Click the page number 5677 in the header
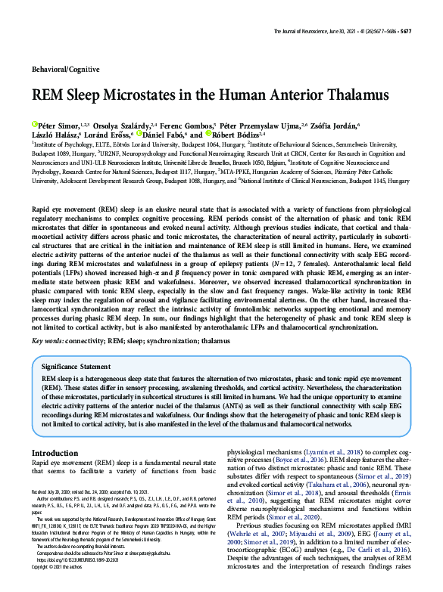pos(405,31)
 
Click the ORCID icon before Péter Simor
pos(35,123)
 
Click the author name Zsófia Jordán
pos(332,124)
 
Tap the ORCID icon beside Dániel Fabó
pos(139,134)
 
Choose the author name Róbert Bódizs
pos(233,134)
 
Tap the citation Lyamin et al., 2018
pos(334,451)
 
